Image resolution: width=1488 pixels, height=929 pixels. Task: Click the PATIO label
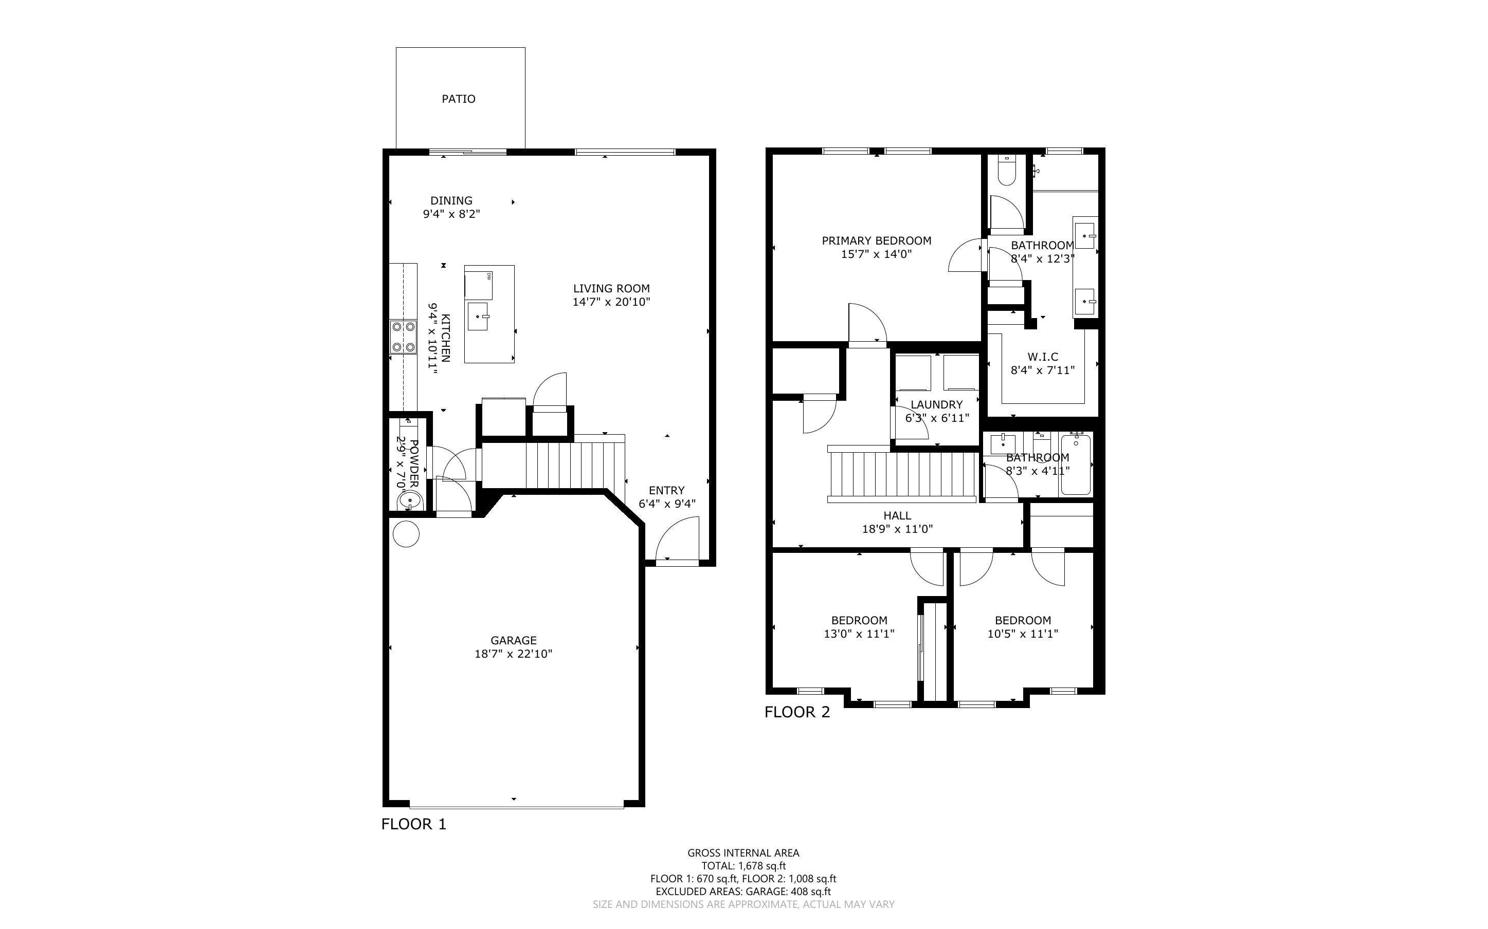click(x=459, y=99)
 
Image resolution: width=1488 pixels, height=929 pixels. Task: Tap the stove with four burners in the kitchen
click(x=403, y=337)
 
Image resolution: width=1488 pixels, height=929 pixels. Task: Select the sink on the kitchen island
click(x=478, y=316)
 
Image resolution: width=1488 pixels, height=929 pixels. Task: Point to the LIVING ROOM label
click(x=611, y=288)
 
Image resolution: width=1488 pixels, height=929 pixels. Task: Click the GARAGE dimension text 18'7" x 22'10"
click(x=513, y=654)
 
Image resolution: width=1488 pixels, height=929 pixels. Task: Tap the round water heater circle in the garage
click(x=406, y=534)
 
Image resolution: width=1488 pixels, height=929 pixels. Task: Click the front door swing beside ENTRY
click(x=677, y=539)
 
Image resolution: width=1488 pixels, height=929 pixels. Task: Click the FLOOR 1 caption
click(x=413, y=824)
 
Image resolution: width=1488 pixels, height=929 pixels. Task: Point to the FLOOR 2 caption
click(x=797, y=712)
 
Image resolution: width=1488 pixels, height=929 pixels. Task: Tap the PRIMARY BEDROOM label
click(x=877, y=241)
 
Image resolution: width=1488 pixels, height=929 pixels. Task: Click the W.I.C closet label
click(x=1043, y=357)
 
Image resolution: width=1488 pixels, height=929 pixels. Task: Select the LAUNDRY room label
click(x=937, y=404)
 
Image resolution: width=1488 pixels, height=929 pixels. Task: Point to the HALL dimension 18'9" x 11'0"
click(x=897, y=529)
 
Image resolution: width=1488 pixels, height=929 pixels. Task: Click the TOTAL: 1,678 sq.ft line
click(x=743, y=866)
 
